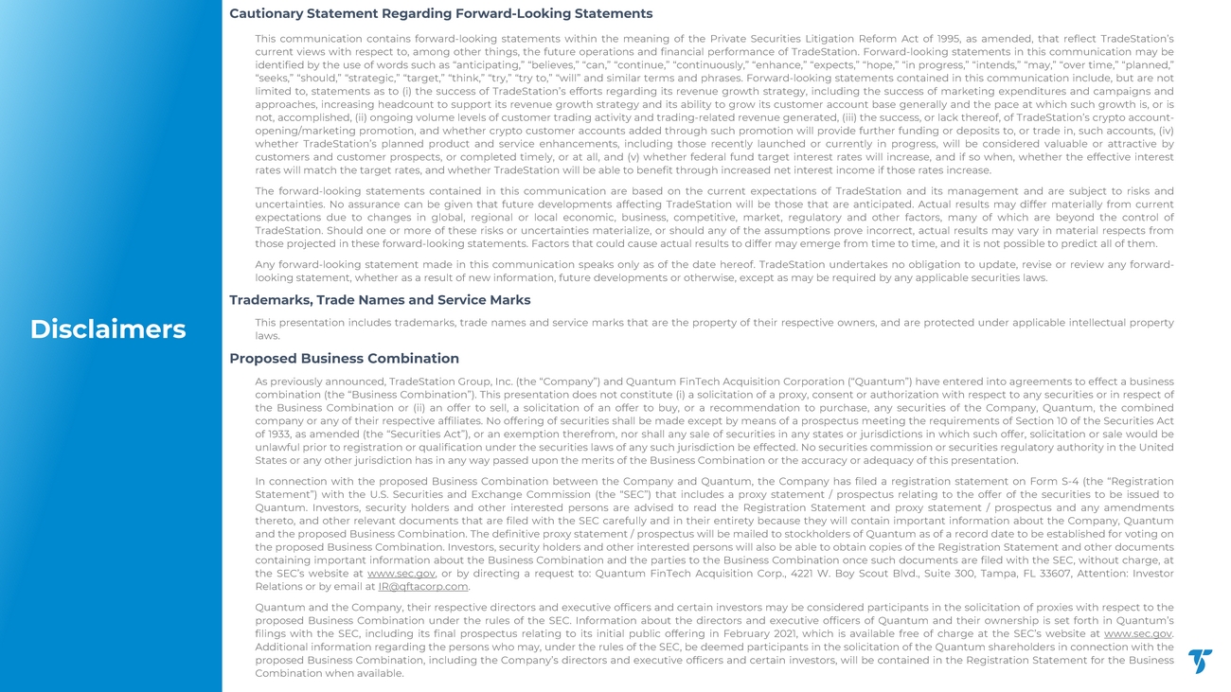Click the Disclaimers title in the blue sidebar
pyautogui.click(x=108, y=328)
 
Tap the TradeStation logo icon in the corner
pyautogui.click(x=1200, y=662)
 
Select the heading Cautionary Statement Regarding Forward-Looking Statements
pyautogui.click(x=440, y=14)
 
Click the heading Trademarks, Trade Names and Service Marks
pyautogui.click(x=380, y=300)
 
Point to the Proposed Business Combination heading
pyautogui.click(x=344, y=359)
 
